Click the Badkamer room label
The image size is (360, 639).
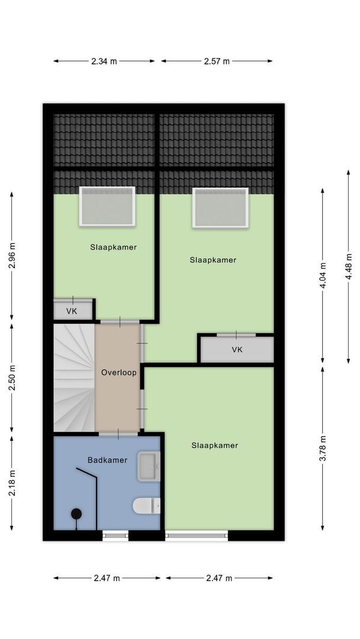coord(107,460)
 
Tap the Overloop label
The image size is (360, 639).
coord(118,373)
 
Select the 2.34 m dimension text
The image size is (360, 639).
coord(104,61)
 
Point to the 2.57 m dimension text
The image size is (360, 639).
coord(217,61)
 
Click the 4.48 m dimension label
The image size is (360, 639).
coord(349,266)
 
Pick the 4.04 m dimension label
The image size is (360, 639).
coord(323,276)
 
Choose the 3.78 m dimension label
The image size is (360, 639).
coord(323,448)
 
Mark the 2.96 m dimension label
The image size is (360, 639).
coord(12,256)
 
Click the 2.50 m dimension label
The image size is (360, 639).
coord(12,377)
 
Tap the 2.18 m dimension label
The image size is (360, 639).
coord(12,483)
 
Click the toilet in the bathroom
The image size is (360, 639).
coord(146,506)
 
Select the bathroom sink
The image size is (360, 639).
coord(149,466)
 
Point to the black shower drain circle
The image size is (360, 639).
coord(76,514)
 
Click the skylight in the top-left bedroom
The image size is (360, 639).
coord(107,206)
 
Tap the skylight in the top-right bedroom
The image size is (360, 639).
coord(221,208)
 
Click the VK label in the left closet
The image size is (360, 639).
coord(72,312)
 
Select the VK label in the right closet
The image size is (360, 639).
coord(237,349)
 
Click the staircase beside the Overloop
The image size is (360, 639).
coord(74,377)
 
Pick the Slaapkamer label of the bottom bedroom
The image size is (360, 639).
coord(214,446)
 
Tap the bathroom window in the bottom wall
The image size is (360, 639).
coord(115,535)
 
